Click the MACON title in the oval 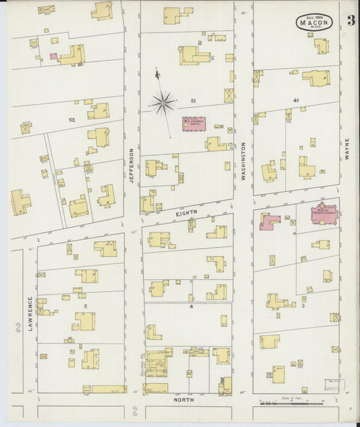[x=313, y=23]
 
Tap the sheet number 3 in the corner [x=351, y=20]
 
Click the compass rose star [x=163, y=103]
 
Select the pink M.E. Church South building [x=194, y=124]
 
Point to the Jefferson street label [x=132, y=166]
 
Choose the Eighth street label [x=187, y=214]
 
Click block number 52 [x=72, y=120]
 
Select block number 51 [x=193, y=101]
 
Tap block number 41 [x=295, y=100]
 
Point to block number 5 [x=86, y=306]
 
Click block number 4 [x=192, y=307]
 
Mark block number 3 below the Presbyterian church [x=303, y=306]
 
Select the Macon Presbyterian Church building [x=324, y=214]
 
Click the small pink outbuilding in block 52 [x=53, y=56]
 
